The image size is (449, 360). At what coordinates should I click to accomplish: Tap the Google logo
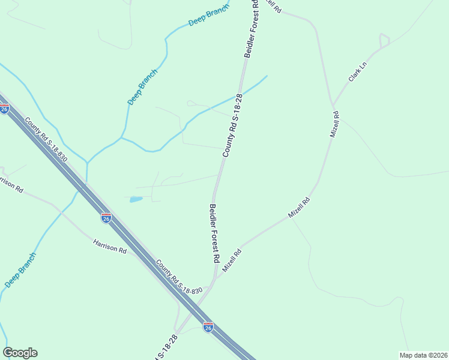20,353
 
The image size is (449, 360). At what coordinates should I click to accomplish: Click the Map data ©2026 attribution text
423,355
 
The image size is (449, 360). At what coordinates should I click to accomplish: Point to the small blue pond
136,199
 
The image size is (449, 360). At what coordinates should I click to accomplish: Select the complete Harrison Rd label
110,245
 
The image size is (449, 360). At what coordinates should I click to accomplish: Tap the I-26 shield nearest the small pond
106,218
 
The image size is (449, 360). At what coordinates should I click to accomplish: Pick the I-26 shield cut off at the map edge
4,109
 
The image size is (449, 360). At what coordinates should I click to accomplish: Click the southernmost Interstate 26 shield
208,327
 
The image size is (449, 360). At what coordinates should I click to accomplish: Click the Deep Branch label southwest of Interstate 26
21,270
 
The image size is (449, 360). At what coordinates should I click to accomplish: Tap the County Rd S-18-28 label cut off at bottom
166,347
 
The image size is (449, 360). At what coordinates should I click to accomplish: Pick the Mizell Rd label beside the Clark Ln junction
334,124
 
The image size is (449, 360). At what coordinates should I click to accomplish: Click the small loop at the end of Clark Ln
384,41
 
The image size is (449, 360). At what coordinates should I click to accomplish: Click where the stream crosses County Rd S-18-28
238,96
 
